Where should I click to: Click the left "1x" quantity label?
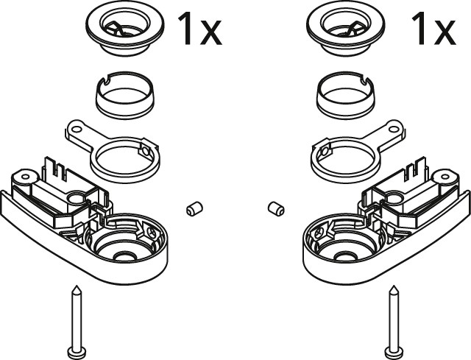pyautogui.click(x=200, y=29)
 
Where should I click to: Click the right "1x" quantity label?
pyautogui.click(x=433, y=29)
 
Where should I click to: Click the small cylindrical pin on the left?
pyautogui.click(x=194, y=208)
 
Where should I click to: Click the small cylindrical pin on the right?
pyautogui.click(x=276, y=208)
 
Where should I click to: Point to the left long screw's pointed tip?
pyautogui.click(x=77, y=286)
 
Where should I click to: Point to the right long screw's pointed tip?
pyautogui.click(x=394, y=286)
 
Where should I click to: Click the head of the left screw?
pyautogui.click(x=77, y=351)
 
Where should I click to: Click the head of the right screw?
pyautogui.click(x=394, y=351)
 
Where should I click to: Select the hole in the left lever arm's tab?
pyautogui.click(x=77, y=130)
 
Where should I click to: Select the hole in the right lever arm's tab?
pyautogui.click(x=394, y=130)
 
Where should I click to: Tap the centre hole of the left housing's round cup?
pyautogui.click(x=124, y=256)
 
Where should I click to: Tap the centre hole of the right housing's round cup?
pyautogui.click(x=346, y=256)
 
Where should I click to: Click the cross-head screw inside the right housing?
pyautogui.click(x=319, y=231)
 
